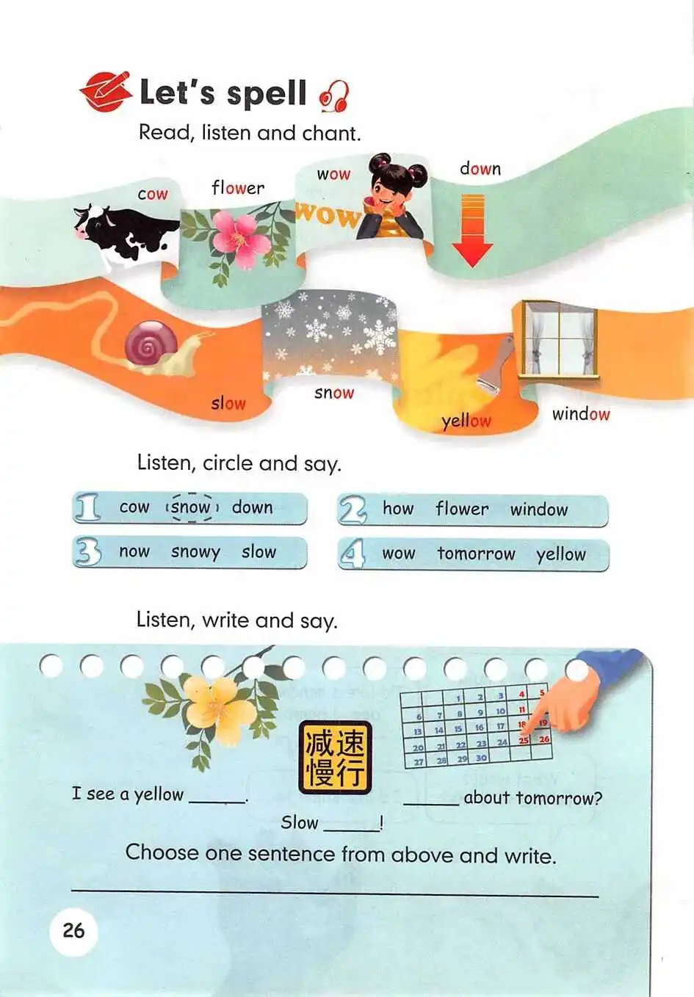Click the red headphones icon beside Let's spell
[334, 96]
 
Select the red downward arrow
[472, 231]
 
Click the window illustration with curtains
[559, 339]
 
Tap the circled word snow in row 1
[192, 507]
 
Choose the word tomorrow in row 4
[477, 554]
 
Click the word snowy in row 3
[196, 552]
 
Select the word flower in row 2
[462, 508]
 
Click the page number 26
[73, 929]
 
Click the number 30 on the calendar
[481, 758]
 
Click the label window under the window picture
[581, 414]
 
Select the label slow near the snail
[228, 403]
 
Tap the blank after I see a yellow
[217, 802]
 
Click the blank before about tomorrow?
[431, 804]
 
